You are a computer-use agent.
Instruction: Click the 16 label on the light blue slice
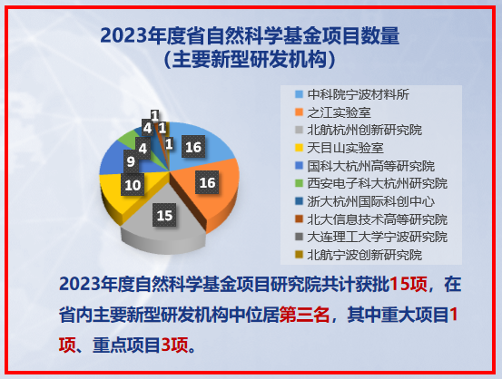(193, 147)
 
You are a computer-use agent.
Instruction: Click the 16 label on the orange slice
(207, 182)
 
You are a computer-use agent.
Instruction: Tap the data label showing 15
(164, 215)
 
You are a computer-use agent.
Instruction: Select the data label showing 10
(133, 185)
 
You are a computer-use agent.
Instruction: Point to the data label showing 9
(131, 161)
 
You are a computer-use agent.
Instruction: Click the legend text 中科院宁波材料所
(359, 94)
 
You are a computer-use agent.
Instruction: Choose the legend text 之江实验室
(339, 112)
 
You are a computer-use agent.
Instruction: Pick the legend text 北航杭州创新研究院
(365, 131)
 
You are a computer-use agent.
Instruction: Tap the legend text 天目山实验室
(346, 148)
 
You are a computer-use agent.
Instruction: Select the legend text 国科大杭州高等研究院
(371, 166)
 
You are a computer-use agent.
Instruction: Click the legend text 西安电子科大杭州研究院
(378, 183)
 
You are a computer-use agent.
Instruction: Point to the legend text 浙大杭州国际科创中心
(371, 201)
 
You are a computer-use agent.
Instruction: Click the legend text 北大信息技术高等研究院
(378, 219)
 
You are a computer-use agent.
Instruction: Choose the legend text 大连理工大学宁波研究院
(378, 237)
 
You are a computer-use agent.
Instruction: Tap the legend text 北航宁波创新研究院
(365, 255)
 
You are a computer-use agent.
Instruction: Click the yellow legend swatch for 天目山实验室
(299, 148)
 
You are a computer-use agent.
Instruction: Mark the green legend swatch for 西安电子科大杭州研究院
(299, 183)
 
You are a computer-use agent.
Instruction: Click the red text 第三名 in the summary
(304, 315)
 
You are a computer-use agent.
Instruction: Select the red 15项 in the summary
(408, 284)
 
